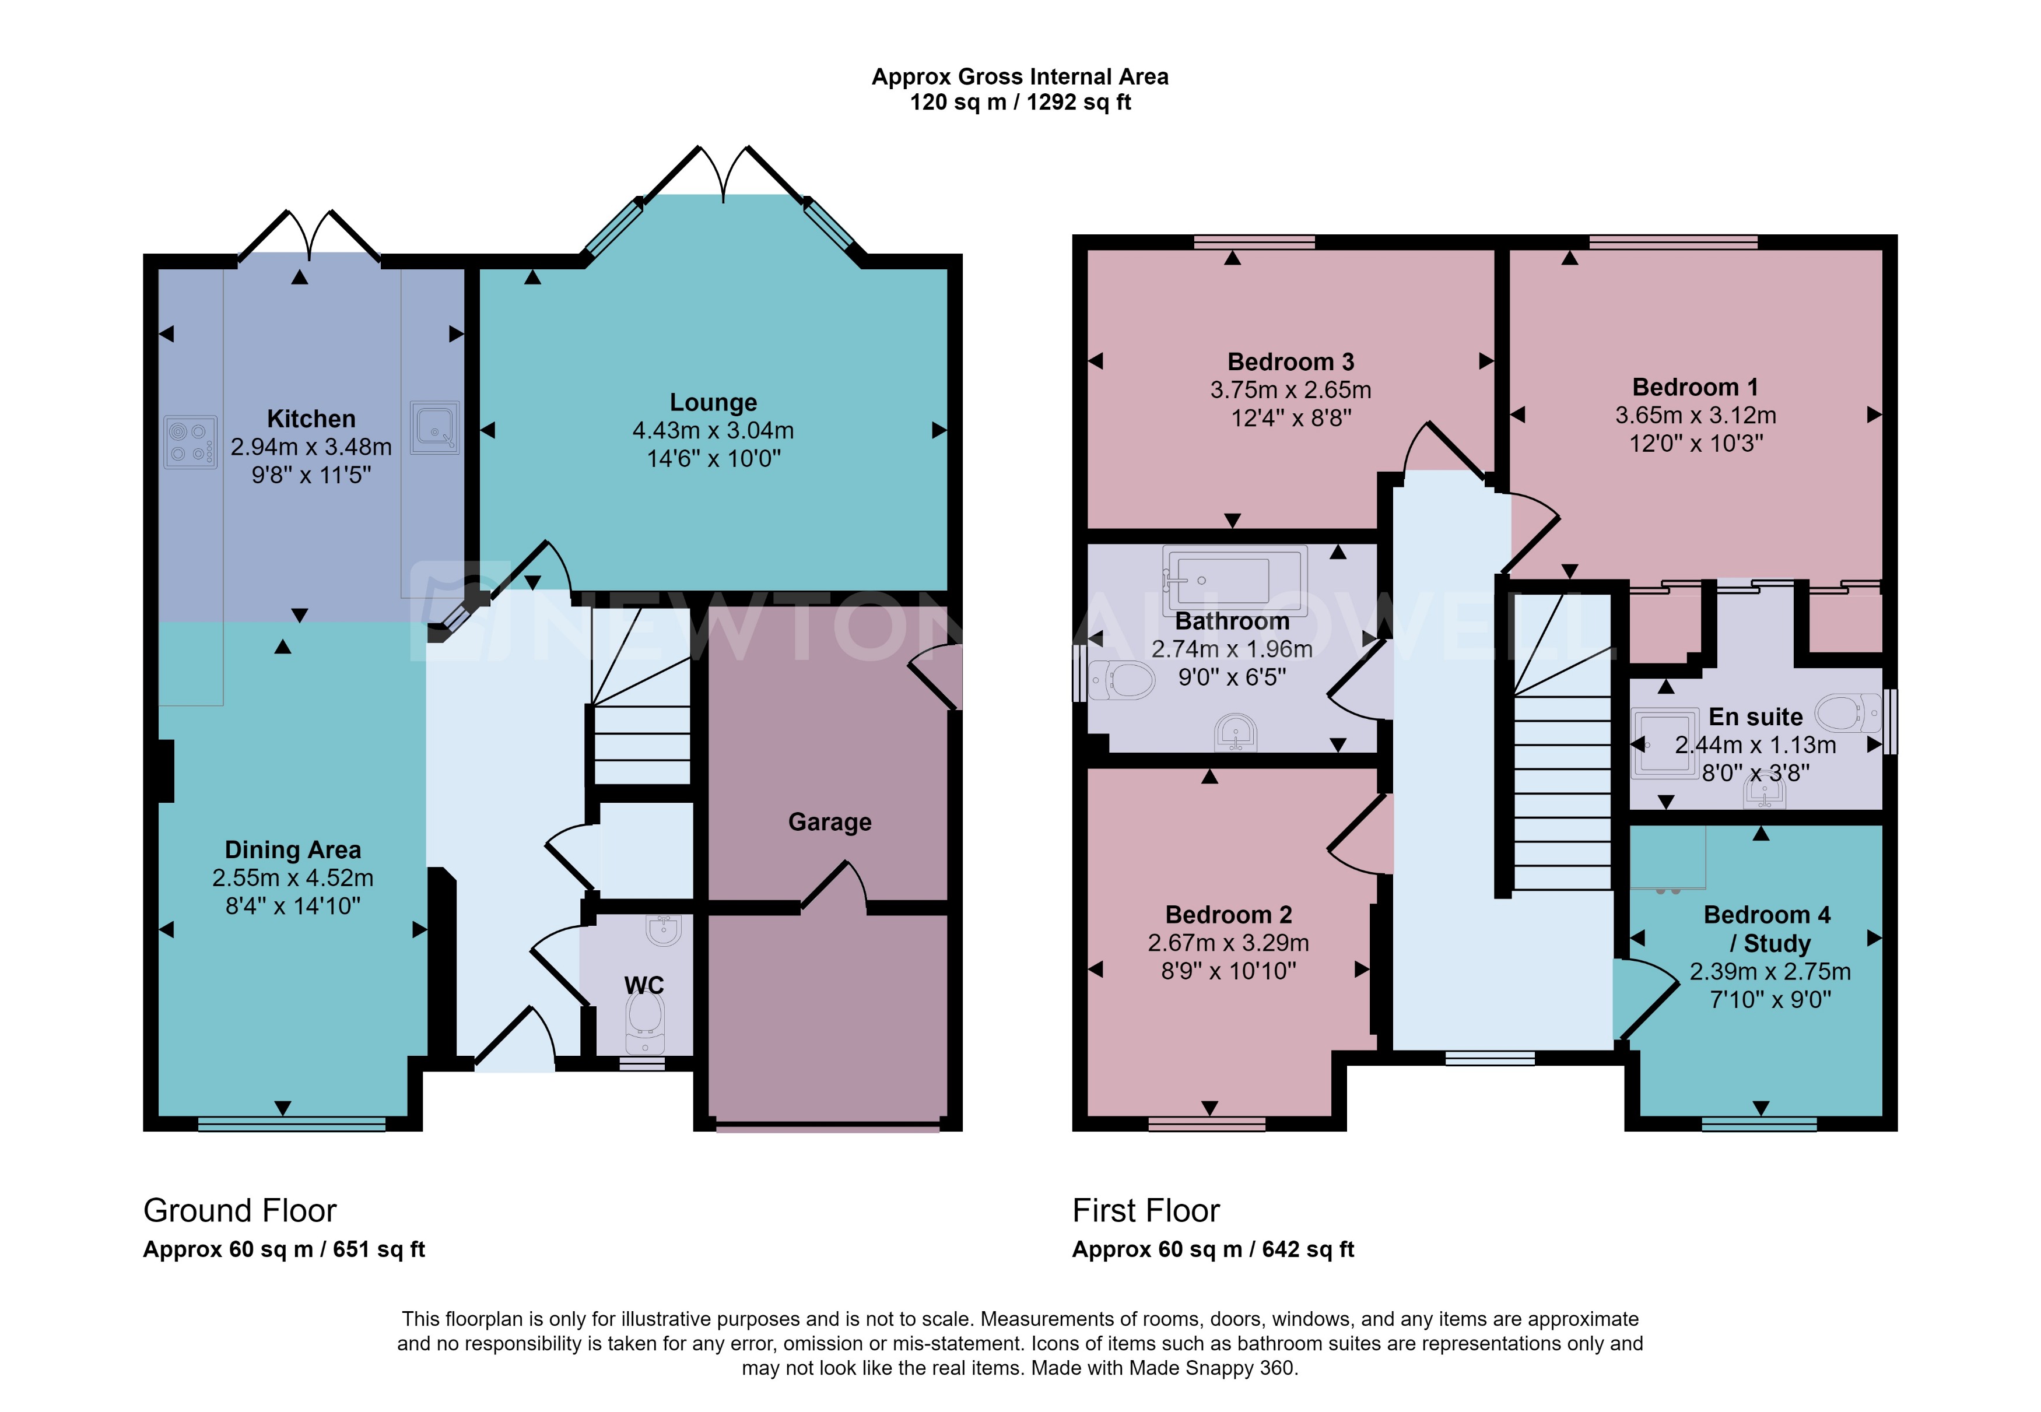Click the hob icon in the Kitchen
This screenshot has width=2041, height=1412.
tap(190, 442)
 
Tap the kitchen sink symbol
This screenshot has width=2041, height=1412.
tap(435, 427)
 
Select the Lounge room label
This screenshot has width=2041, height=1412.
tap(713, 402)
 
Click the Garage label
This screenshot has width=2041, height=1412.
tap(829, 822)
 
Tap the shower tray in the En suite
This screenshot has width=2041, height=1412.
tap(1665, 742)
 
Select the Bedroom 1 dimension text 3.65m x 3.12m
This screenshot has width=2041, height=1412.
tap(1695, 415)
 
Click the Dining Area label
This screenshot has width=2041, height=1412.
tap(293, 850)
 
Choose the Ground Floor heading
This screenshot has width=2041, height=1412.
tap(240, 1210)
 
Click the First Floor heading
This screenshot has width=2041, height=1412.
tap(1146, 1210)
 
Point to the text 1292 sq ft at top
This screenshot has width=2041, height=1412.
tap(1078, 103)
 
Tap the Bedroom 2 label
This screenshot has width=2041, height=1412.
tap(1228, 915)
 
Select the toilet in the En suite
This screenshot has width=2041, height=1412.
tap(1848, 711)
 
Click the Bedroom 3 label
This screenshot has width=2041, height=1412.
tap(1290, 362)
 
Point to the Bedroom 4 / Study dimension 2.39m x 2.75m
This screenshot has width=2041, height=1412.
tap(1769, 971)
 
